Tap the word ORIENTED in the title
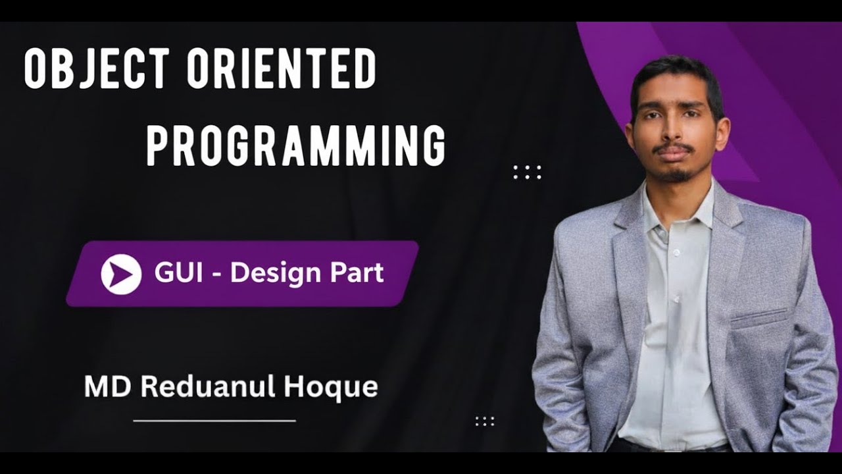point(282,69)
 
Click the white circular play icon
point(121,274)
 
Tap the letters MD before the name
point(109,386)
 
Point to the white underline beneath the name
point(214,420)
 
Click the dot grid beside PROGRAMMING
point(527,172)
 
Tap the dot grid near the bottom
point(485,421)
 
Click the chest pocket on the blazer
point(758,317)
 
